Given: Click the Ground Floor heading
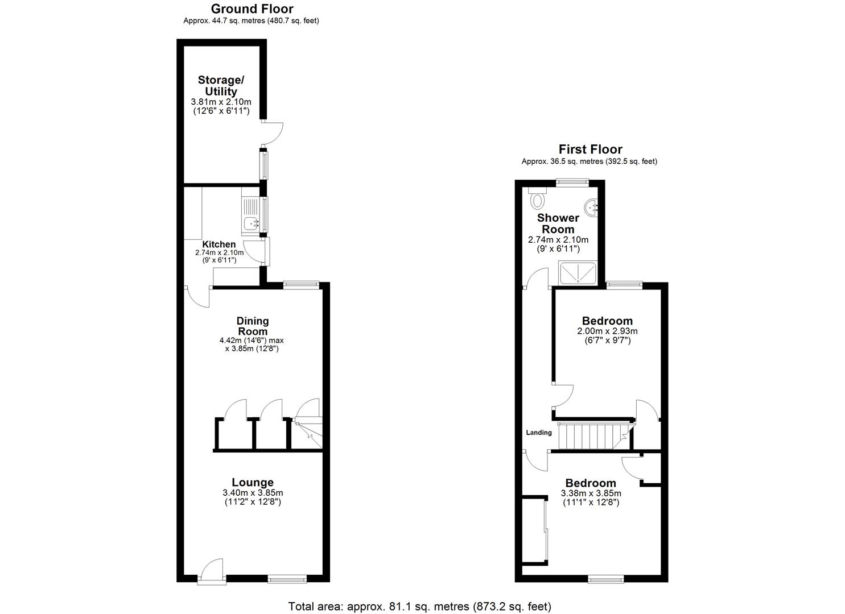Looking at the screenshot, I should click(x=252, y=9).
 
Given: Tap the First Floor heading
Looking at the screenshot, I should click(x=590, y=150).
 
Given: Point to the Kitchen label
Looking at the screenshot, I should click(x=219, y=244).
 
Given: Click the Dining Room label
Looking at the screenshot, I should click(x=253, y=326).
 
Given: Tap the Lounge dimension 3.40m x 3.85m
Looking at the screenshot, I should click(x=253, y=493).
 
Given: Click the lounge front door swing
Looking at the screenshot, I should click(x=213, y=570).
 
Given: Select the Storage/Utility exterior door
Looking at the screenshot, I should click(x=273, y=133).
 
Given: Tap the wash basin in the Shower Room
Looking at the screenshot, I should click(x=593, y=206).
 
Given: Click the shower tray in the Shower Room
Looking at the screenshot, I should click(x=579, y=272).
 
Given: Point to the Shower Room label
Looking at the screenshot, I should click(x=558, y=223).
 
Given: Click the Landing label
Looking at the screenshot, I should click(x=539, y=433).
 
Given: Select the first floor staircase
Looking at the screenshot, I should click(x=592, y=436).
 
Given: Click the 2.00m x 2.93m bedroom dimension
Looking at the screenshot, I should click(x=607, y=331).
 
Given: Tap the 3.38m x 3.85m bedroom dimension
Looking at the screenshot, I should click(x=591, y=493).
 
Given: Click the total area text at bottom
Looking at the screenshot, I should click(x=419, y=606).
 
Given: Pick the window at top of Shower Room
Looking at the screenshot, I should click(x=572, y=182).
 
